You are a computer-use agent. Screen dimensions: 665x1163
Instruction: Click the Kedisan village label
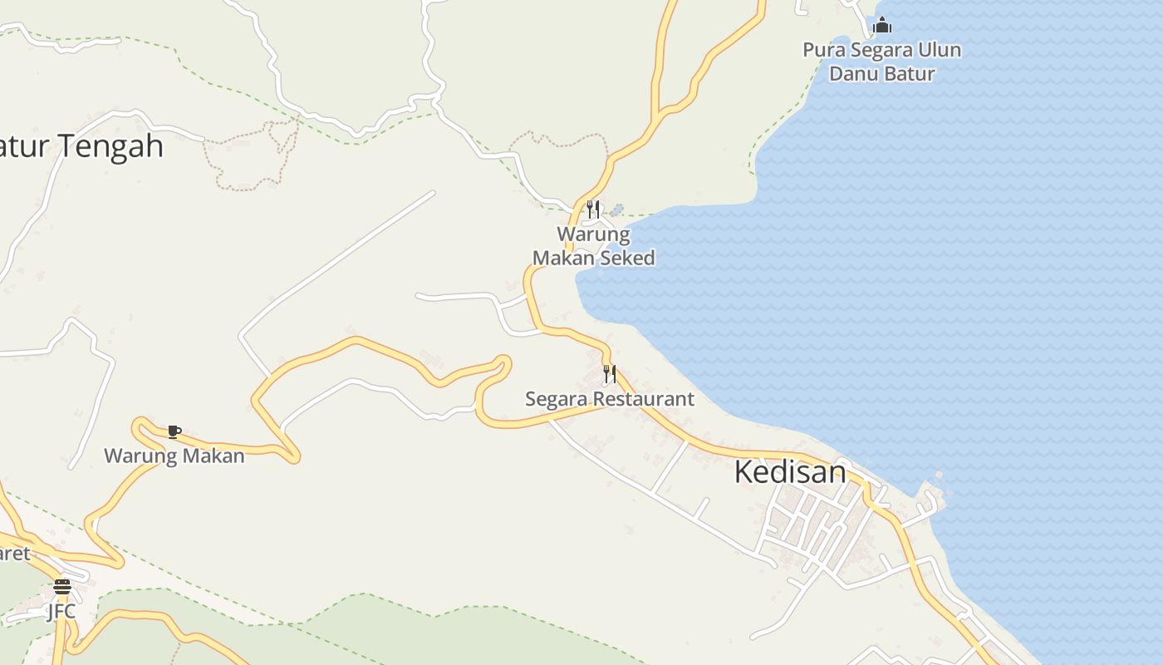790,472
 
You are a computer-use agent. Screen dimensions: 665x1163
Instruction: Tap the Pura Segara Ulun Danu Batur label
881,62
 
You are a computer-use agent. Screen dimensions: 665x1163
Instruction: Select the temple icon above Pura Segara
882,26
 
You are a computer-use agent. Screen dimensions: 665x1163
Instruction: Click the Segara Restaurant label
609,399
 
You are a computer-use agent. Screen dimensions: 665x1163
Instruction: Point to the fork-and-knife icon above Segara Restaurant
610,374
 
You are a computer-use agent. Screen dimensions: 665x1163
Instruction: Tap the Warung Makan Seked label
593,246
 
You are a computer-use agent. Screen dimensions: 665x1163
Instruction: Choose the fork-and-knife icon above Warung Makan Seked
593,208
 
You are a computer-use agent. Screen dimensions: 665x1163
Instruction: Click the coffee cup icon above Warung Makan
174,431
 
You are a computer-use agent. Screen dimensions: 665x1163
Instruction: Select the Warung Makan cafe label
174,456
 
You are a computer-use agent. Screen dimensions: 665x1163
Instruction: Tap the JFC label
61,611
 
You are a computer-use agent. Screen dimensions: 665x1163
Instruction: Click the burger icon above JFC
61,587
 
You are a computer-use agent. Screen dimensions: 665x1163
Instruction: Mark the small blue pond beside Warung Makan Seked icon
616,209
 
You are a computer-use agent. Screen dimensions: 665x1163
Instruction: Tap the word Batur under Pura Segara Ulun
908,73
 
